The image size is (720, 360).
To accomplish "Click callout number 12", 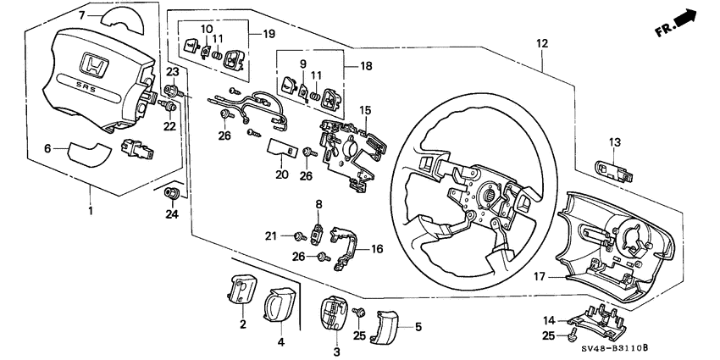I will (x=542, y=42).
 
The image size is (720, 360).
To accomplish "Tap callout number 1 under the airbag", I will (x=91, y=207).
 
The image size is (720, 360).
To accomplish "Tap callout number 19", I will (x=269, y=34).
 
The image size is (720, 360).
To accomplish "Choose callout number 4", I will (x=280, y=342).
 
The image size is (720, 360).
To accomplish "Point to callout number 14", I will (x=549, y=320).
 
